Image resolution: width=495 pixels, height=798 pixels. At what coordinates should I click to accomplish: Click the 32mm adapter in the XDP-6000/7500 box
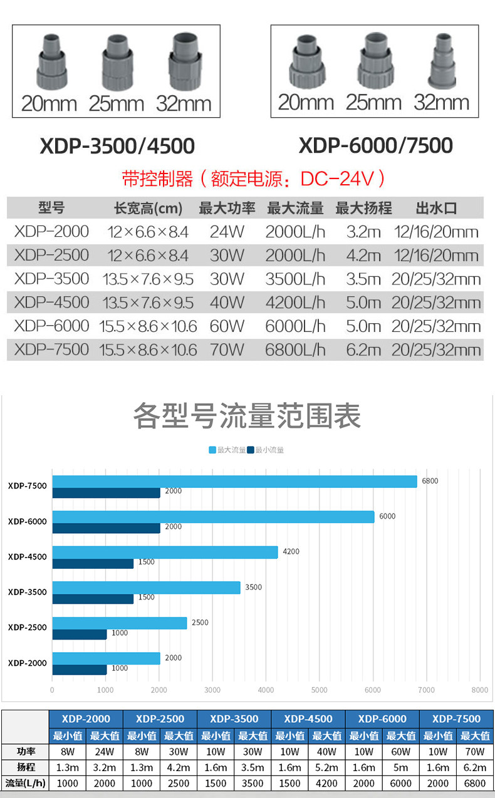(x=443, y=61)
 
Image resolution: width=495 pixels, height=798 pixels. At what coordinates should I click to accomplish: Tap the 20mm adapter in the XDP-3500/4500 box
(x=51, y=61)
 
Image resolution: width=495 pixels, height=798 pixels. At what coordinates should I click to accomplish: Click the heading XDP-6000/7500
(x=375, y=145)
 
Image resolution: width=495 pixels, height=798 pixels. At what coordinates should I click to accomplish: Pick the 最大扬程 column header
(x=363, y=208)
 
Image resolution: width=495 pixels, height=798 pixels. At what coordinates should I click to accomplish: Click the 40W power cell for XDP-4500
(x=227, y=303)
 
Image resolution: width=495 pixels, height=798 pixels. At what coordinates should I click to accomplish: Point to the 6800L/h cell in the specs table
(x=295, y=350)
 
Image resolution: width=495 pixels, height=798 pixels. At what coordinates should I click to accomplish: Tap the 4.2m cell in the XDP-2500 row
(x=363, y=256)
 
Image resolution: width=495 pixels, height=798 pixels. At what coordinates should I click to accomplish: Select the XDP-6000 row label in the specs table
(x=51, y=326)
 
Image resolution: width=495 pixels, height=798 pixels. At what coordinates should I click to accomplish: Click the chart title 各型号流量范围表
(x=247, y=415)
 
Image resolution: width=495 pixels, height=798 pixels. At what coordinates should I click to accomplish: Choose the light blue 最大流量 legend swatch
(x=212, y=450)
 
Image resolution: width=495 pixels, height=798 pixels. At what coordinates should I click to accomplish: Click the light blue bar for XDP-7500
(x=234, y=482)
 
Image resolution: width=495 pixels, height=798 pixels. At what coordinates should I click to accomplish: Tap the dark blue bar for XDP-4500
(x=93, y=564)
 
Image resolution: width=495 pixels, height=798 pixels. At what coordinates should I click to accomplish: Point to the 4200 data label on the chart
(x=291, y=551)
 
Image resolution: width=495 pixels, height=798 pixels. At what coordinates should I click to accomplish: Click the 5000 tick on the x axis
(x=320, y=690)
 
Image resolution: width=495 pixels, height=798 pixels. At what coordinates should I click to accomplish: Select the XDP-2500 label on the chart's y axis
(x=28, y=628)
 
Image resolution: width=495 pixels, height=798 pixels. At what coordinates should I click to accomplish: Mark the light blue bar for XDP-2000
(x=106, y=658)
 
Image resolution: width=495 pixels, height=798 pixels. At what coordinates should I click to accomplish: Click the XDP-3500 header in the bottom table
(x=234, y=718)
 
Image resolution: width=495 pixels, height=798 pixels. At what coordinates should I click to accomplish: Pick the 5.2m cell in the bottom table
(x=326, y=767)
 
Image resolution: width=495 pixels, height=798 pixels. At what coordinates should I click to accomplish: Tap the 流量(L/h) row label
(x=25, y=783)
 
